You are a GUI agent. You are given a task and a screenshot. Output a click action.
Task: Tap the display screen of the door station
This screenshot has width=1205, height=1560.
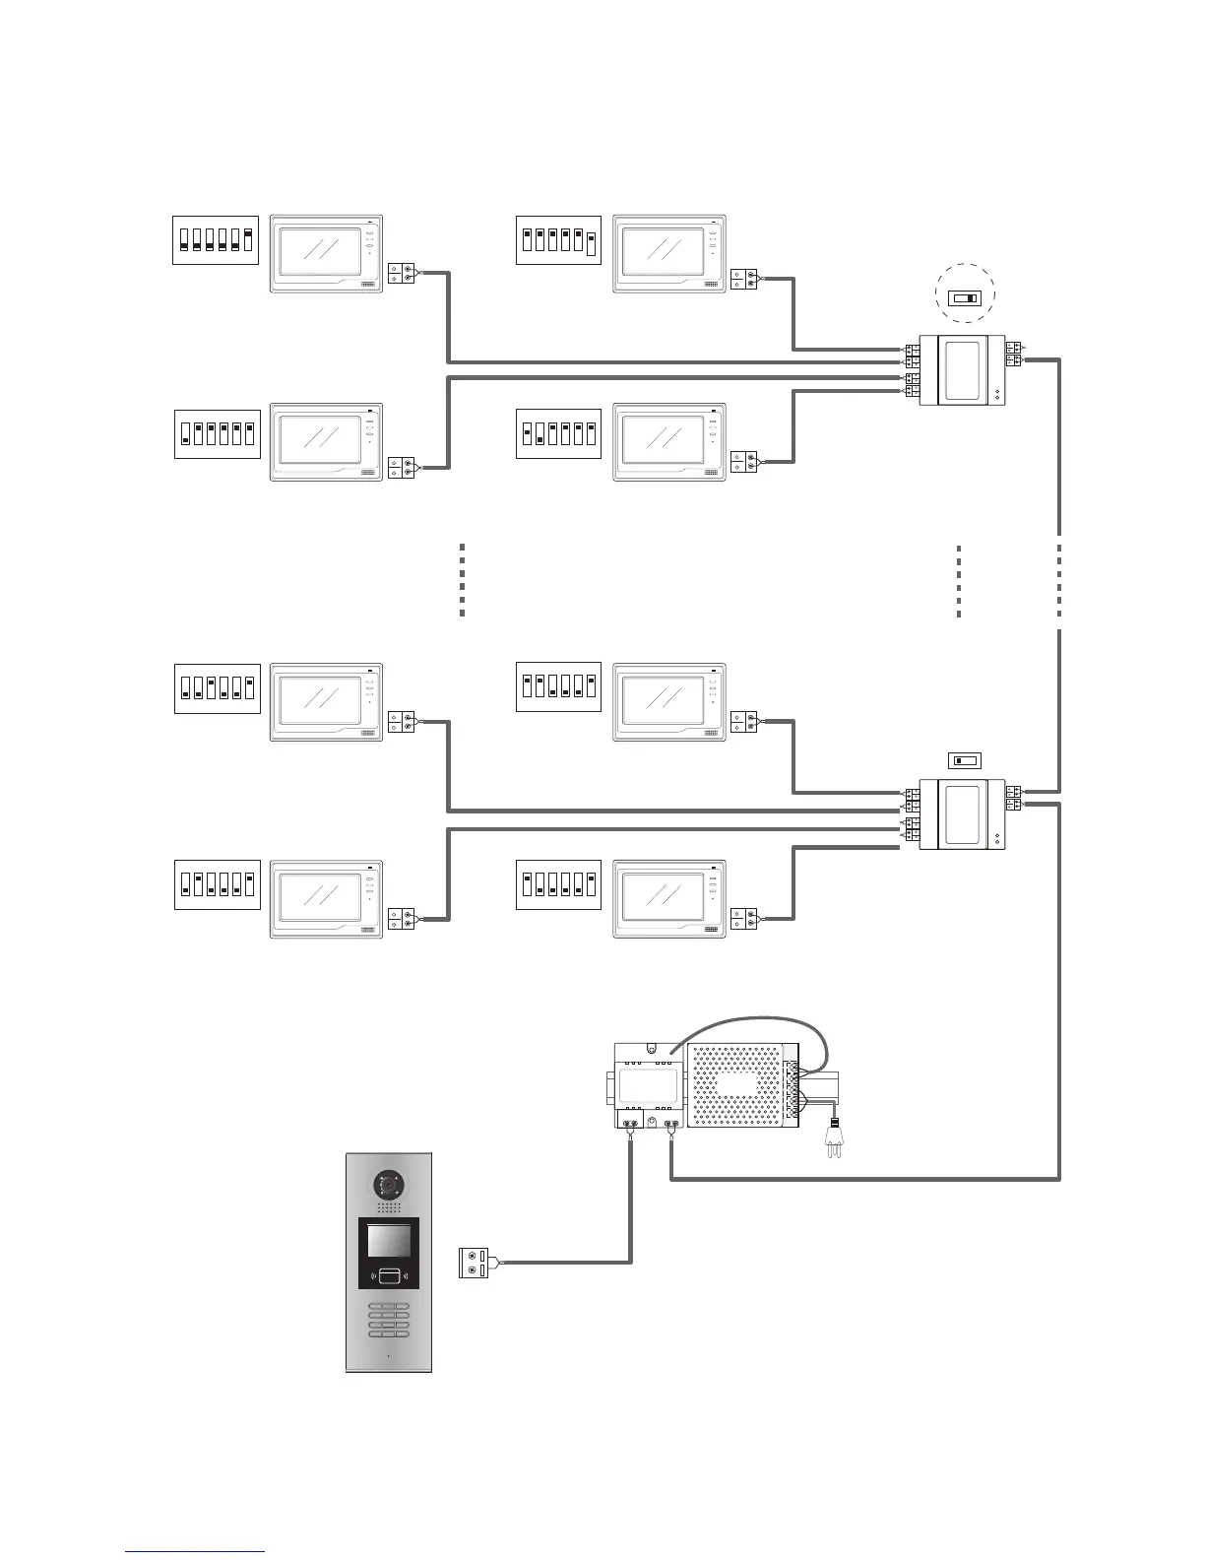tap(389, 1241)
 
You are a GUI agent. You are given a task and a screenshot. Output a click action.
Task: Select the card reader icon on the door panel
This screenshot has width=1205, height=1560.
tap(389, 1277)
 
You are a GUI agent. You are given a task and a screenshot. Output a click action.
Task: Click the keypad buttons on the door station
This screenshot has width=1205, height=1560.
tap(389, 1321)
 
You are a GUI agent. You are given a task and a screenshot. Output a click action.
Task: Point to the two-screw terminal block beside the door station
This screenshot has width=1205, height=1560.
tap(474, 1263)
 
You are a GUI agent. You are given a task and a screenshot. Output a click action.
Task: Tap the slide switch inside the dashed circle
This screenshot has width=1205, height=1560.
tap(964, 297)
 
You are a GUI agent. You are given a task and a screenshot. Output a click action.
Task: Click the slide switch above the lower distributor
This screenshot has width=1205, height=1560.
tap(964, 760)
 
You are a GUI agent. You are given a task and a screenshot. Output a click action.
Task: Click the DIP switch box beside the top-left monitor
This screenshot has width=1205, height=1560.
tap(216, 239)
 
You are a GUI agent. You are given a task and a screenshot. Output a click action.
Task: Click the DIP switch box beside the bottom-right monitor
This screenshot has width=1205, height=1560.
tap(558, 882)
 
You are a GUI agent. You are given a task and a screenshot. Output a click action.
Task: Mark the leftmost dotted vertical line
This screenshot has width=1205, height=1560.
tap(462, 580)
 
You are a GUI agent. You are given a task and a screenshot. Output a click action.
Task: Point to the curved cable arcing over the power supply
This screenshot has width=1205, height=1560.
tap(753, 1024)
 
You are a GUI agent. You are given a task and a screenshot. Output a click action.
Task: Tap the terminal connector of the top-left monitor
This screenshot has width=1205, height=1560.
tap(402, 273)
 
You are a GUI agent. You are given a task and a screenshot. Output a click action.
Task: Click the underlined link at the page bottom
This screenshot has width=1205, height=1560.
tap(196, 1552)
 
